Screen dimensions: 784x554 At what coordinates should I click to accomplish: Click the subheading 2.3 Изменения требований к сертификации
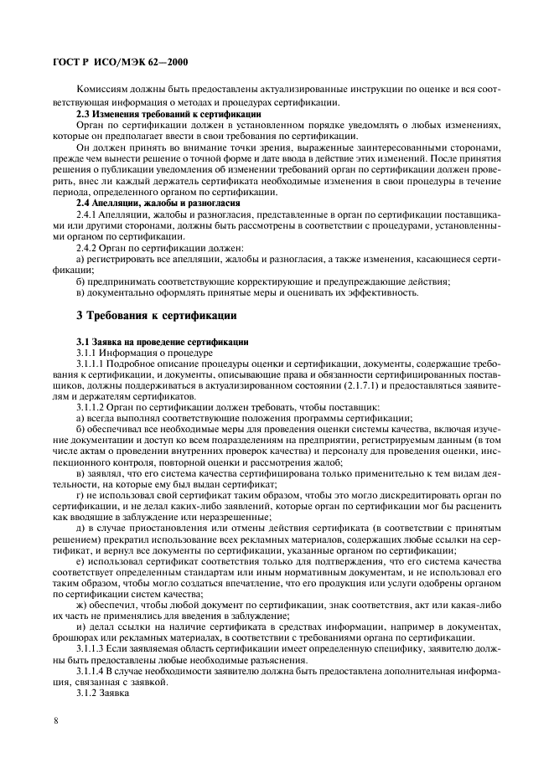click(x=168, y=114)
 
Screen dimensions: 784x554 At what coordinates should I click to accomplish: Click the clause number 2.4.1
click(x=88, y=215)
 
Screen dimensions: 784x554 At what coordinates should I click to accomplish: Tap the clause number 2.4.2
click(x=88, y=248)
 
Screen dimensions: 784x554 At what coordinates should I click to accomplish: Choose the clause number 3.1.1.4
click(x=92, y=672)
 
